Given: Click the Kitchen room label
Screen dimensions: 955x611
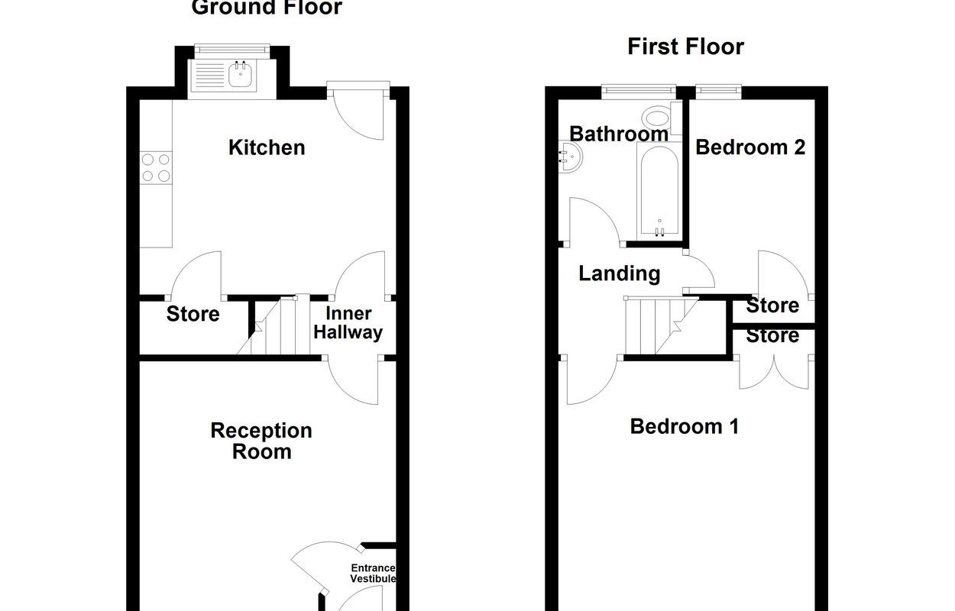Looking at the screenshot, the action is point(267,148).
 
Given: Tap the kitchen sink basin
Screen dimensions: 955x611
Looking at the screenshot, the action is point(241,74).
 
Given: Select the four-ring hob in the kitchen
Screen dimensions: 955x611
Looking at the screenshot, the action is point(156,168).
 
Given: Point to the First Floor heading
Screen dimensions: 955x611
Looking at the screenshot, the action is point(685,47).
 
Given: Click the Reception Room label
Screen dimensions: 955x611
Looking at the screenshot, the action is point(261,441).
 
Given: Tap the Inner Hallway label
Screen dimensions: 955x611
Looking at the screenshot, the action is point(348,323).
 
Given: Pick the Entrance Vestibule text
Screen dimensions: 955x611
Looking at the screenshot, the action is point(373,573).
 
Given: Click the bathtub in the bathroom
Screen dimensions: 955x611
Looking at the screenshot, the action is point(659,191).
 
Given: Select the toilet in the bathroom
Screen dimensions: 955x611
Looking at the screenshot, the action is point(661,118).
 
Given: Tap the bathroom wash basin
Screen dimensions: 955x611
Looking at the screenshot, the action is point(570,157).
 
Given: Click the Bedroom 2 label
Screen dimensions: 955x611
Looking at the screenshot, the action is point(750,147).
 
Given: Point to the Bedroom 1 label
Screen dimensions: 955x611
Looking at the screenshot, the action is point(685,426).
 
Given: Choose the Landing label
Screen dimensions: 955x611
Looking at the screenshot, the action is point(620,273).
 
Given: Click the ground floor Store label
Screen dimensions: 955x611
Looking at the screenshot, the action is point(193,314).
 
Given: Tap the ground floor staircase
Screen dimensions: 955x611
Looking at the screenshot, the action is point(274,325).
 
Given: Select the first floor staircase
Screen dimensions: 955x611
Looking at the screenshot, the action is point(661,325).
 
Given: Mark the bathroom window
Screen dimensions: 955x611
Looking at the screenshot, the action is point(639,90).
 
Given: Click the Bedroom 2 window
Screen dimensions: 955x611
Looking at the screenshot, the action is point(718,89).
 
